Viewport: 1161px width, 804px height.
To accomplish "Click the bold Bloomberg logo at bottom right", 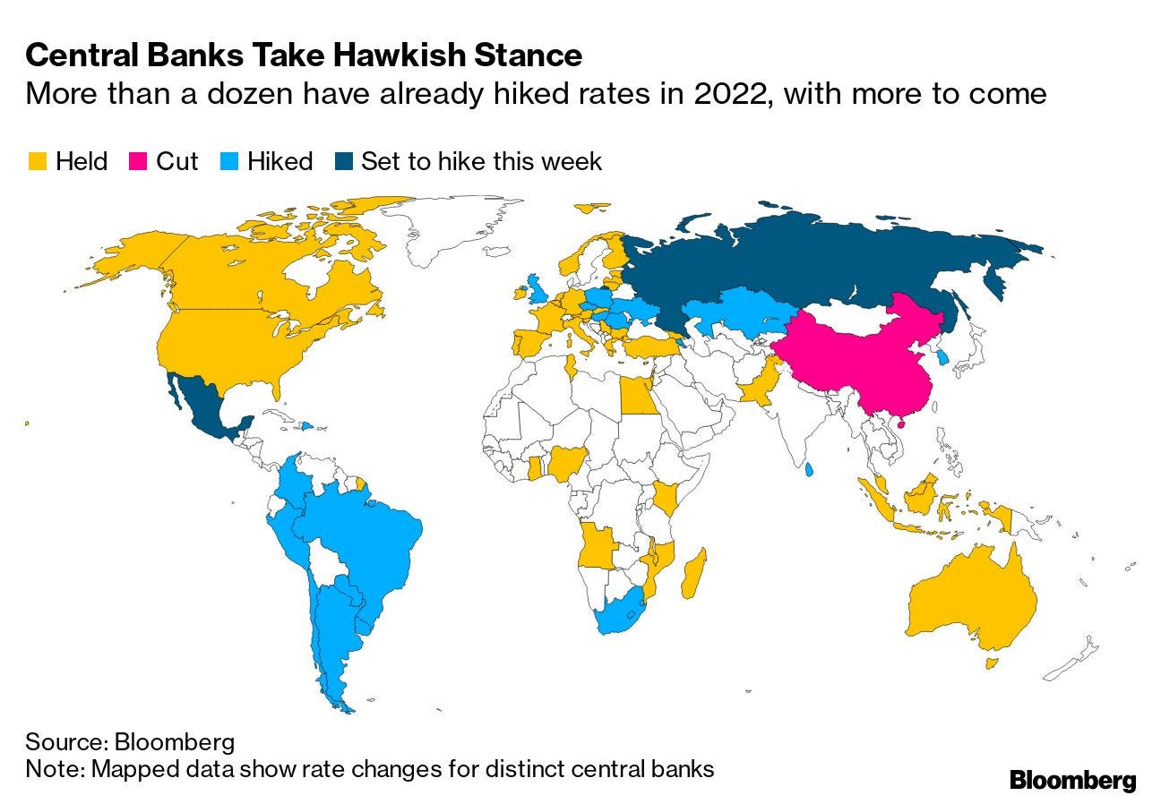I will (1072, 780).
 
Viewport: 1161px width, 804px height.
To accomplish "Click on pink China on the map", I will (860, 358).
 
